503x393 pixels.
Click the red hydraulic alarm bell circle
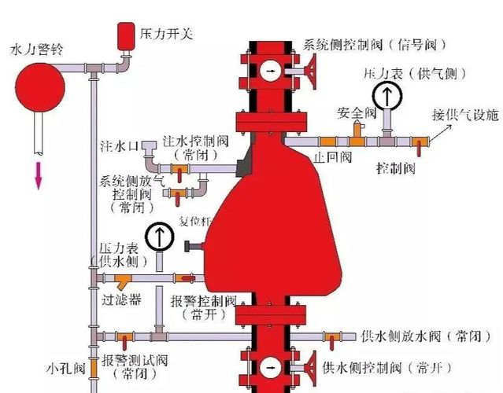tap(40, 87)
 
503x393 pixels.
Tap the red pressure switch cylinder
tap(126, 36)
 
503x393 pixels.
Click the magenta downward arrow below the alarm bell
tap(39, 176)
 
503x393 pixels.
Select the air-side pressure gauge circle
tap(387, 95)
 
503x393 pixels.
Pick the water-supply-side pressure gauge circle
tap(160, 237)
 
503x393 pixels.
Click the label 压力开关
tap(167, 33)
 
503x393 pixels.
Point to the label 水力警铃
tap(37, 49)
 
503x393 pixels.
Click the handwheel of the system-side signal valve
tap(310, 71)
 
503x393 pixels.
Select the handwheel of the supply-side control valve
tap(310, 367)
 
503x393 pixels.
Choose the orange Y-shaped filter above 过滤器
tap(123, 281)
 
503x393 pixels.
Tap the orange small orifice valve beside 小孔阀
tap(94, 368)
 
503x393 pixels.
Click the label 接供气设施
tap(465, 115)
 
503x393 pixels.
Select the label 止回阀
tap(332, 157)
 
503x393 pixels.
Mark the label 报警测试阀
tap(135, 360)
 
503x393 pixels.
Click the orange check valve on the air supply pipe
tap(327, 141)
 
